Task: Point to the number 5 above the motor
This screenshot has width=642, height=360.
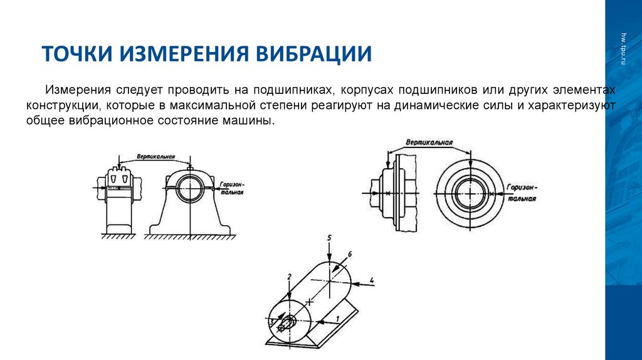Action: pos(329,237)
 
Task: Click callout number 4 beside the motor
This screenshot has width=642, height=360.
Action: pos(372,279)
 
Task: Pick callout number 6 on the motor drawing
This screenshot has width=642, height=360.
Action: pos(350,253)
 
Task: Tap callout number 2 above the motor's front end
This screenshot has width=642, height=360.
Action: pos(289,276)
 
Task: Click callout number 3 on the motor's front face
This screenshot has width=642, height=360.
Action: pos(271,321)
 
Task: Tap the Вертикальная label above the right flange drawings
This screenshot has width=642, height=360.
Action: pos(429,143)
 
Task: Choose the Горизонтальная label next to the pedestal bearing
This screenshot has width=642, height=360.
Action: pos(231,189)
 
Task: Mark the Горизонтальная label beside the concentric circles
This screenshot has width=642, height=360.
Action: pos(522,193)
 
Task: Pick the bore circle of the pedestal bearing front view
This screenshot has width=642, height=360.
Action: pos(189,188)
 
